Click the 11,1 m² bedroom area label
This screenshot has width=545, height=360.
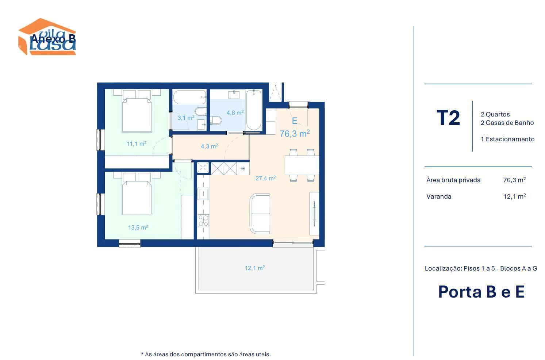coord(137,143)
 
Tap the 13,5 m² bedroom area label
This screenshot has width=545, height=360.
coord(138,227)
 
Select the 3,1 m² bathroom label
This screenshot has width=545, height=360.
coord(186,118)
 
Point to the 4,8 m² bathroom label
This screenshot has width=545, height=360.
coord(235,113)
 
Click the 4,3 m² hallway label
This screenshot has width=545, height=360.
coord(209,146)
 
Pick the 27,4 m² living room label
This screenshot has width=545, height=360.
coord(265,178)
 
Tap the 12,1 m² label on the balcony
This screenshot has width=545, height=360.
coord(254,268)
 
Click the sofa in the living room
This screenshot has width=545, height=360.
coord(260,214)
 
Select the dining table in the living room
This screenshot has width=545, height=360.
coord(302,165)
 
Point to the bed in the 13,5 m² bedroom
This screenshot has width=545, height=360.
coord(137,194)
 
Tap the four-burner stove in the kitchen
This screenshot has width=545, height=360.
coord(203,221)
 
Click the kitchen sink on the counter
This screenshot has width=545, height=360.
coord(203,194)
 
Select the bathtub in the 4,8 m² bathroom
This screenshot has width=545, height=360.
coord(254,110)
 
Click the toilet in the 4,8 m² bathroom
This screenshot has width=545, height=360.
coord(216,120)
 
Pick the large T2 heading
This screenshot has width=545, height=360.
coord(448,118)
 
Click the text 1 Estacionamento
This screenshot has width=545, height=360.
coord(507,139)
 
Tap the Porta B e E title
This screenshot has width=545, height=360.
coord(481,292)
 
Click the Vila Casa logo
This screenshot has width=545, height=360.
coord(47,37)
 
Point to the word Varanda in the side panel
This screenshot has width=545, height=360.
coord(439,196)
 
